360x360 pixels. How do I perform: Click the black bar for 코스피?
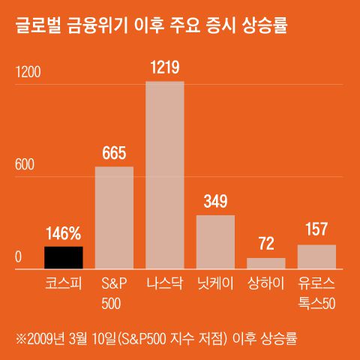[64, 257]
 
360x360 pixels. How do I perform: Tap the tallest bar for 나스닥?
[164, 175]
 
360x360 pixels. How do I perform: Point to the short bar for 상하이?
[265, 263]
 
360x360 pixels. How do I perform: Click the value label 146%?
[64, 232]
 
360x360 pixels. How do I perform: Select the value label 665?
[114, 153]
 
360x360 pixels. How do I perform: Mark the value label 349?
[215, 202]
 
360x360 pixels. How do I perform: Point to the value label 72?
[265, 244]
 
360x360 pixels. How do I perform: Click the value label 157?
[316, 230]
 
